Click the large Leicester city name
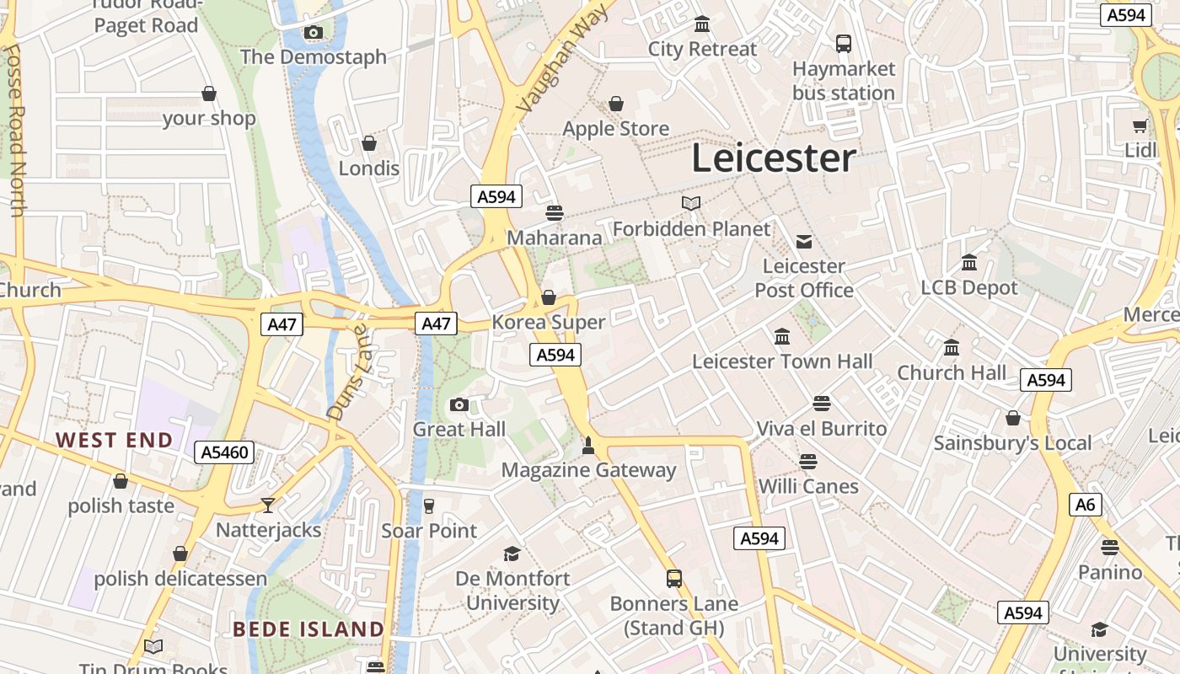(774, 158)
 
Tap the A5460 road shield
(225, 452)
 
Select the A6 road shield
(1086, 505)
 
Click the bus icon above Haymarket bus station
(844, 43)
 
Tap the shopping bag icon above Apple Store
(616, 104)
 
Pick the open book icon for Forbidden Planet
(691, 203)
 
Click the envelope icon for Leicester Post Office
(804, 242)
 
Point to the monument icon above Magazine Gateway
(588, 445)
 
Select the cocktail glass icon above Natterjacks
(268, 505)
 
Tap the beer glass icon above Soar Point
(429, 505)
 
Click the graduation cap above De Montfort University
(512, 554)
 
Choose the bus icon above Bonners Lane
(673, 579)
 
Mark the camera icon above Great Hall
(459, 405)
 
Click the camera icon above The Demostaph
(314, 33)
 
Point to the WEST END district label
(114, 440)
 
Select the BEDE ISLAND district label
(308, 629)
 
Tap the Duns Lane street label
(348, 372)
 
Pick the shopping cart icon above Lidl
(1140, 126)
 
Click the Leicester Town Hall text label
(782, 361)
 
